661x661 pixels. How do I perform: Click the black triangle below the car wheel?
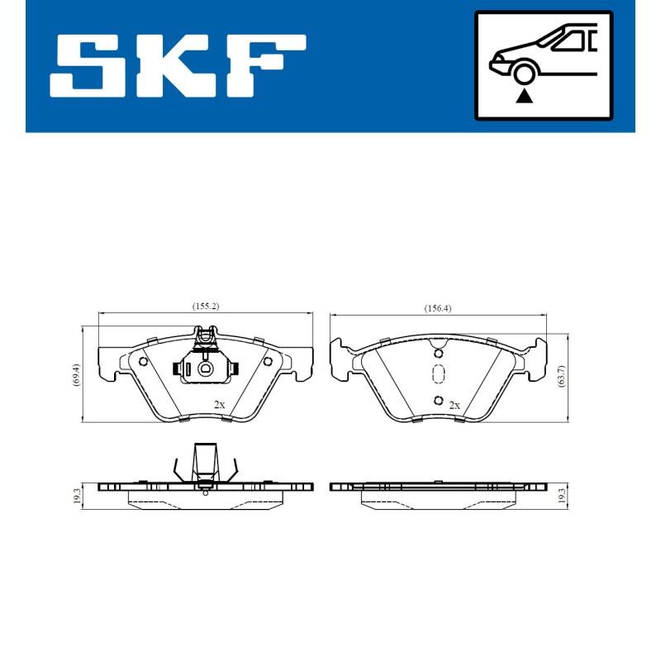point(524,97)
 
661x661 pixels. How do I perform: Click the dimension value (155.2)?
point(205,307)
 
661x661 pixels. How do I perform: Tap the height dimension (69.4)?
point(76,377)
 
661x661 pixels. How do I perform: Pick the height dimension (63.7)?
point(563,377)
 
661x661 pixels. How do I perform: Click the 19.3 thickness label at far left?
point(76,495)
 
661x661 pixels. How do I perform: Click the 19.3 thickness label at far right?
point(563,495)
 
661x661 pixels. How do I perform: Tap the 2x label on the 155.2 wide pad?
point(219,405)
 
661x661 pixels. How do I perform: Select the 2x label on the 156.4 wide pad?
point(454,405)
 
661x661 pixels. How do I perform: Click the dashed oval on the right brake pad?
point(438,374)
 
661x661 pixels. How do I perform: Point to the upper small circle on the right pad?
point(438,354)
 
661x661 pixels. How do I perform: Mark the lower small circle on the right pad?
point(438,401)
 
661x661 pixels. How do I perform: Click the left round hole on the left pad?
point(143,361)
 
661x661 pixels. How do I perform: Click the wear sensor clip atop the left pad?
point(205,335)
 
